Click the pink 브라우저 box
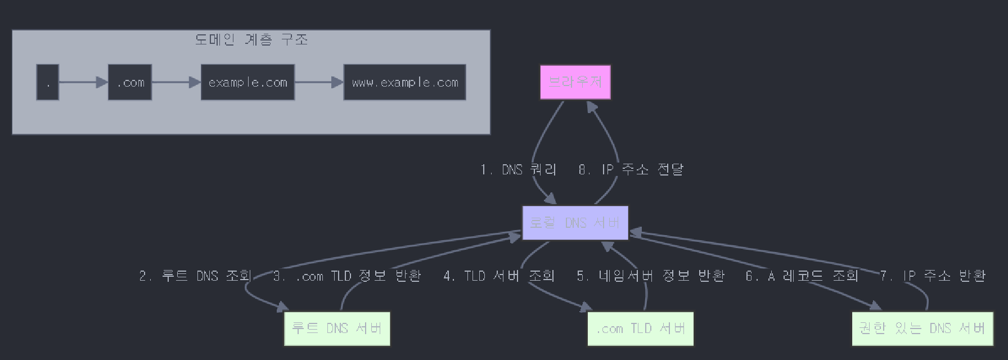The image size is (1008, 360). pos(575,82)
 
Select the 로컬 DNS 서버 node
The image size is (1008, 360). pos(575,223)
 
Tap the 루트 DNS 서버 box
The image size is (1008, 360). pos(336,328)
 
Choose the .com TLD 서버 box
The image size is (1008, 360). pos(640,328)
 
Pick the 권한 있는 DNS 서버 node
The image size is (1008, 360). pos(922,328)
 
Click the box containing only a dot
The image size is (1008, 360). pos(48,83)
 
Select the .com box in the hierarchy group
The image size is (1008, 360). pos(130,83)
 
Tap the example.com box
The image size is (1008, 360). pos(247,83)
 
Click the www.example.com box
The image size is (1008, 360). pos(404,83)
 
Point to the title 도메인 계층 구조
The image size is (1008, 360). pos(251,39)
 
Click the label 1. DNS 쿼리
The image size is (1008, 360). pos(518,169)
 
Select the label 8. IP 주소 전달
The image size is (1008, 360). pos(631,169)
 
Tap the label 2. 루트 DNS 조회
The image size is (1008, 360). pos(195,276)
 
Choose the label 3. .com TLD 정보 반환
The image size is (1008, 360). pos(347,276)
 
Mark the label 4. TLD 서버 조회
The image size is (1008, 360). pos(499,276)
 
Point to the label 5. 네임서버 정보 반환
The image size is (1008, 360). pos(651,276)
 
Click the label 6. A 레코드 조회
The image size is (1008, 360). pos(802,276)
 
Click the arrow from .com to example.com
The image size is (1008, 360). pos(176,83)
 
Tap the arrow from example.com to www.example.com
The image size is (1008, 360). pos(319,83)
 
